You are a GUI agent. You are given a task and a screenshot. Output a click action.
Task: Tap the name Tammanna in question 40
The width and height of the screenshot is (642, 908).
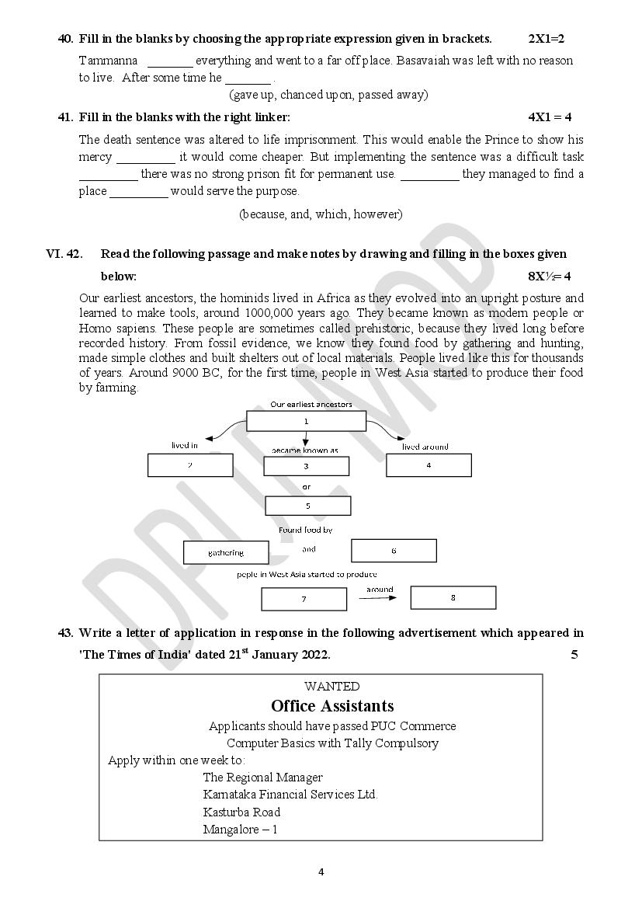(x=109, y=61)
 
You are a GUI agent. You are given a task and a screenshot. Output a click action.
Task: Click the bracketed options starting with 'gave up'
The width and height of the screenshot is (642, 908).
(x=328, y=95)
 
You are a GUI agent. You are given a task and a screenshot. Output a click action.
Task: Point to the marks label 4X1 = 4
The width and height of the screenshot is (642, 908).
(x=550, y=117)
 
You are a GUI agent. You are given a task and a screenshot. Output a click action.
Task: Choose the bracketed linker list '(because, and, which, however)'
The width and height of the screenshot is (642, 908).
(x=321, y=214)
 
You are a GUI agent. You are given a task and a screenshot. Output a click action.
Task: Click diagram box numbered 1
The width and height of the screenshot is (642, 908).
(x=306, y=421)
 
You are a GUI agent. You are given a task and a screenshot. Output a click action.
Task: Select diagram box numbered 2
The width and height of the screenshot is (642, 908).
(x=190, y=465)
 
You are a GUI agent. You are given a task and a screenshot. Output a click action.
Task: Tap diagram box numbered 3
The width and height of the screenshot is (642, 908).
(x=306, y=466)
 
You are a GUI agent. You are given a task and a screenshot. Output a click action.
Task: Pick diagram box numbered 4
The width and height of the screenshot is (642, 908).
(x=429, y=465)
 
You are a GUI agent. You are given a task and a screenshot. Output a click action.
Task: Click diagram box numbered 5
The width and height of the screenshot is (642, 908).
(x=307, y=506)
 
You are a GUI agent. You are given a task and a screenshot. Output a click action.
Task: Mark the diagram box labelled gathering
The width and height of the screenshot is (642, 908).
(x=226, y=553)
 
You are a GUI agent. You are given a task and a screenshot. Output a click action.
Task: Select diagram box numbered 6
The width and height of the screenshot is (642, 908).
(x=394, y=551)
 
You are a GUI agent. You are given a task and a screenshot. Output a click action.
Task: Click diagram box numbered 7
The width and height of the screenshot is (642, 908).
(x=304, y=600)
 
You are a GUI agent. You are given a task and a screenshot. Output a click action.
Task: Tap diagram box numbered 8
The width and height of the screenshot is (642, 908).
(x=453, y=597)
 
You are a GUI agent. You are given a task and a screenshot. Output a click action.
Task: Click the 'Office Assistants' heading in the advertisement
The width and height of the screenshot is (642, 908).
(x=332, y=706)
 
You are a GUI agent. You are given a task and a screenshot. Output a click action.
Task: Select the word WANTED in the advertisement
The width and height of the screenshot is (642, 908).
(x=332, y=687)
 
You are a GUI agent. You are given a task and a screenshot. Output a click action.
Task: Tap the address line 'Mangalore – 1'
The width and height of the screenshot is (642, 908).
(x=240, y=830)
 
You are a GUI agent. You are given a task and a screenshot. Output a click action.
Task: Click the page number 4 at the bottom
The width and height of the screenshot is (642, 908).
(x=321, y=871)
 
